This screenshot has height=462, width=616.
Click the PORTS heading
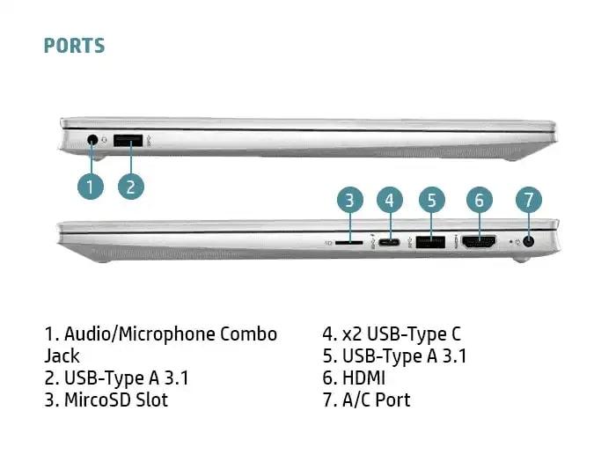(74, 46)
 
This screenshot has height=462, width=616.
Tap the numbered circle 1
(91, 187)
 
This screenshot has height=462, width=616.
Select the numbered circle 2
(131, 187)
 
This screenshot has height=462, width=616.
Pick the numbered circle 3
(350, 200)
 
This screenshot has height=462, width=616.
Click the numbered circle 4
(390, 200)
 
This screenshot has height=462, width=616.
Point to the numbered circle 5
(432, 200)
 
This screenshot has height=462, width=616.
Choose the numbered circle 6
(480, 200)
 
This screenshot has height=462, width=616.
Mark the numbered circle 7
(529, 200)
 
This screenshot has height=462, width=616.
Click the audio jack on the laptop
(92, 140)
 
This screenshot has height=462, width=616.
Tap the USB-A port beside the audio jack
(128, 141)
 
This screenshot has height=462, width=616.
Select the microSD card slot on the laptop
(348, 243)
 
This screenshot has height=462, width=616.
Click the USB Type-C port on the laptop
(389, 242)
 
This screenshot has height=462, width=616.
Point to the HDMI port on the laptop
(479, 242)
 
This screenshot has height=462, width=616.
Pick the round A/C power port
(529, 242)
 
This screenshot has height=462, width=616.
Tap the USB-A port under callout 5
(430, 242)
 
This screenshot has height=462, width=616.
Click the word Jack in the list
(62, 356)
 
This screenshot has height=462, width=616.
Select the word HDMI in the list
(363, 378)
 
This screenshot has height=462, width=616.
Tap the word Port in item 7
(392, 400)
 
